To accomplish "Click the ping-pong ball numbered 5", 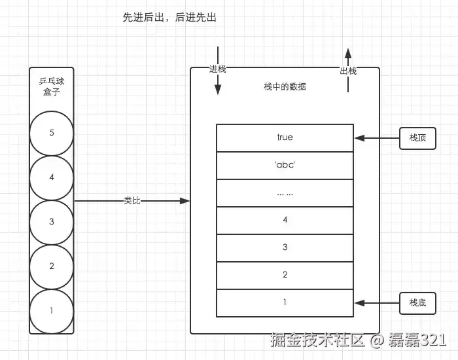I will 52,133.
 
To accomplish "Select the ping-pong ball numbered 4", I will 52,177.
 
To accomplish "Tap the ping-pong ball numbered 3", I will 52,222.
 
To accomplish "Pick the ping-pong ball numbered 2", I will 52,266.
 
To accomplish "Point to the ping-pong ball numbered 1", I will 52,311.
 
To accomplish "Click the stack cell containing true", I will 285,137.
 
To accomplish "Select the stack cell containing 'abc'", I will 285,165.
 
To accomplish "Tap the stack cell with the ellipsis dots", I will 285,192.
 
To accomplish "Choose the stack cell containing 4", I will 285,220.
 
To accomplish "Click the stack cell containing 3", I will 285,247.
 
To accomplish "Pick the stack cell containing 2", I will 285,275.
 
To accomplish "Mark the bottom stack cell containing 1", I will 285,302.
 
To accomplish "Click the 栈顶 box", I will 417,138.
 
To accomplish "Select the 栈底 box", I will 417,303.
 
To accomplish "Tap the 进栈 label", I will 217,69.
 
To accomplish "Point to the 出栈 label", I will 348,71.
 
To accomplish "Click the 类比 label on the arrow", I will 132,200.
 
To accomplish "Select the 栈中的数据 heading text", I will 285,86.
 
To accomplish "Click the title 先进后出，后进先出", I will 169,18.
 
